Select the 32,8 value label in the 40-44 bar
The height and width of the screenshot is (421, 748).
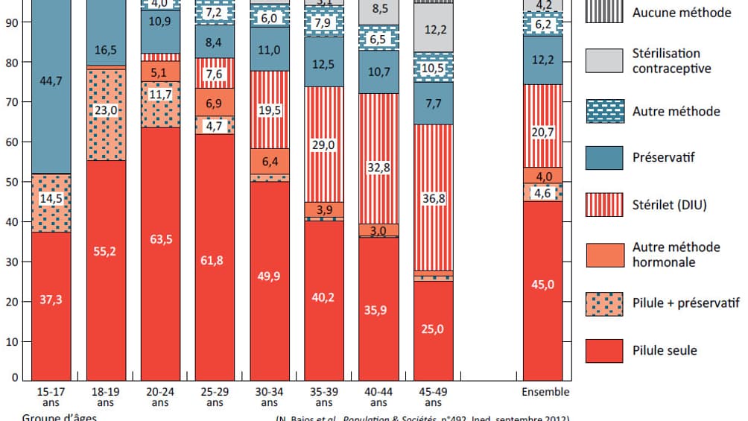(378, 169)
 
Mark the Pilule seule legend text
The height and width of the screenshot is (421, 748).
(665, 350)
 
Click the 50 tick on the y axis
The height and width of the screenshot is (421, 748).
(14, 182)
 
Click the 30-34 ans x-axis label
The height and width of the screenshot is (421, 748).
(270, 396)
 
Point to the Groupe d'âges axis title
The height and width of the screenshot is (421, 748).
(59, 417)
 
